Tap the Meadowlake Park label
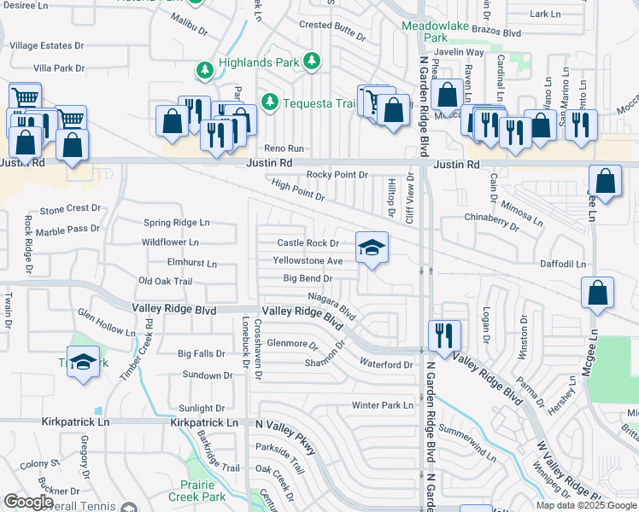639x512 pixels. click(436, 32)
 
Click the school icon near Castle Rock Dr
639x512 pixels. click(372, 247)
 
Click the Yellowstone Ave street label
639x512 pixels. click(308, 260)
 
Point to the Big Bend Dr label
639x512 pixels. click(307, 278)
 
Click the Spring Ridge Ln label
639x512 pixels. click(176, 223)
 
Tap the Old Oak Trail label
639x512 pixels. click(166, 282)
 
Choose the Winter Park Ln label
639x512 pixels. click(382, 404)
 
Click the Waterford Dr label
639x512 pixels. click(385, 364)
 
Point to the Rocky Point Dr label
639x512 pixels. click(337, 175)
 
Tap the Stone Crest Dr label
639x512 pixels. click(70, 209)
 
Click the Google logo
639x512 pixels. click(28, 502)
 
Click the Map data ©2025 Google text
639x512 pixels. click(585, 505)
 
